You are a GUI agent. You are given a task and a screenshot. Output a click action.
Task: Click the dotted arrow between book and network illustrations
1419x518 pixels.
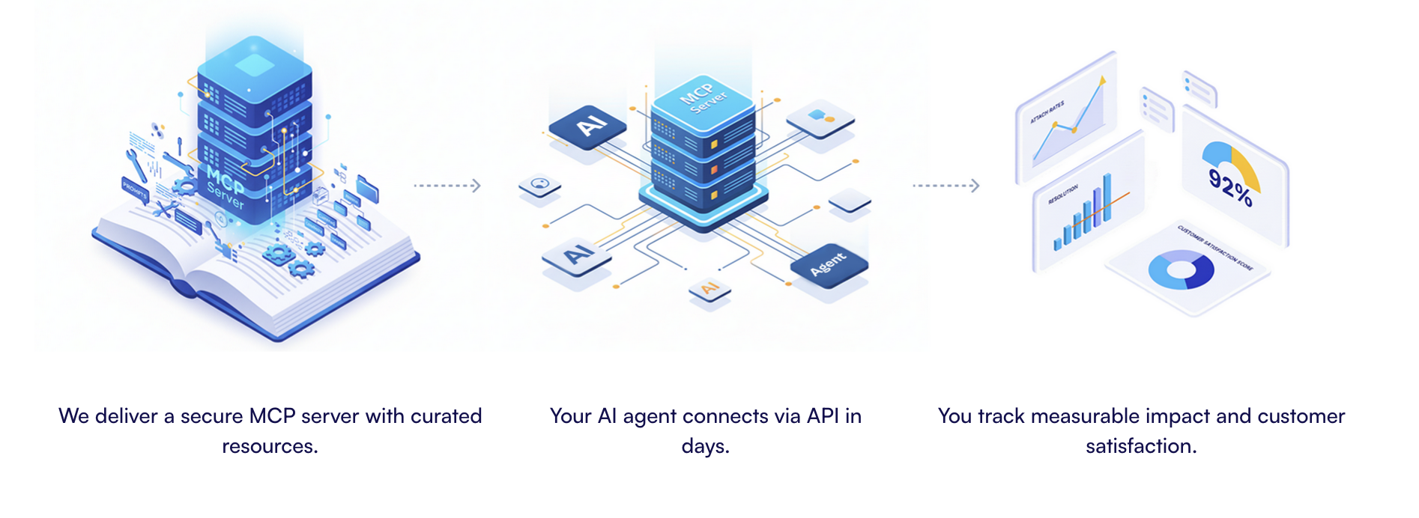tap(447, 186)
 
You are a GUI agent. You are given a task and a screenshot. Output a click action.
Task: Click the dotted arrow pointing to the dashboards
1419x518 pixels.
tap(946, 186)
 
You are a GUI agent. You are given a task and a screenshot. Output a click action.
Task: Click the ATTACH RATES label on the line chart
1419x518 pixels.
tap(1047, 112)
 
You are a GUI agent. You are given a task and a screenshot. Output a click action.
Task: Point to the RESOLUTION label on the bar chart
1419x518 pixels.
tap(1063, 195)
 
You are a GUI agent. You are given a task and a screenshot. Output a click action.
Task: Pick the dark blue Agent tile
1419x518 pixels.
tap(829, 263)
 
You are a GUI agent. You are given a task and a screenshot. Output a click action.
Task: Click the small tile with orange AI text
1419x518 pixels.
tap(709, 289)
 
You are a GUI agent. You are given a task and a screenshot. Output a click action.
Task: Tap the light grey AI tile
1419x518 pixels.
tap(576, 255)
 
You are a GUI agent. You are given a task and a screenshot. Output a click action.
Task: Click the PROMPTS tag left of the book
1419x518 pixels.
tap(135, 189)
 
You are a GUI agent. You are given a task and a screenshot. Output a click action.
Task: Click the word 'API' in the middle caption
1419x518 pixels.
tap(823, 416)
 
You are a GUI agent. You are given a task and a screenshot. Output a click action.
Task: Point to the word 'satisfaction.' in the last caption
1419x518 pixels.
tap(1141, 446)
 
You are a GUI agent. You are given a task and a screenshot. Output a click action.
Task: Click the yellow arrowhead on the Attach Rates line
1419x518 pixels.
tap(1102, 79)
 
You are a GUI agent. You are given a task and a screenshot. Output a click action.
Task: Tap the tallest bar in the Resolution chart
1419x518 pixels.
tap(1107, 196)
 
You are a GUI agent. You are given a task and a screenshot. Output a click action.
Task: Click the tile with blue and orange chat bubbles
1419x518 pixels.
tap(820, 118)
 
